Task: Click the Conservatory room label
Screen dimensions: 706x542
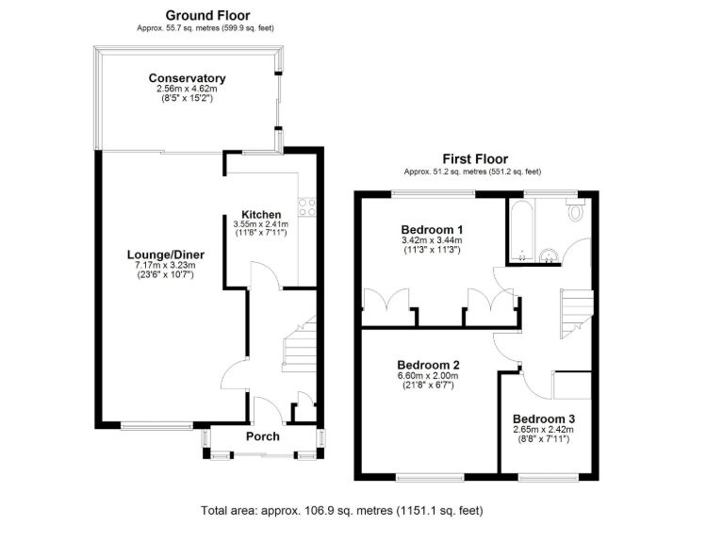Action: pyautogui.click(x=187, y=78)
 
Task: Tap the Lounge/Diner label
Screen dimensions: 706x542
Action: pyautogui.click(x=166, y=255)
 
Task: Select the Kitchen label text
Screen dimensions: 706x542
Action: pyautogui.click(x=261, y=215)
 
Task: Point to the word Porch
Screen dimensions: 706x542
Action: pyautogui.click(x=262, y=436)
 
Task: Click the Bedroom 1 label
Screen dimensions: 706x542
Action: pyautogui.click(x=432, y=230)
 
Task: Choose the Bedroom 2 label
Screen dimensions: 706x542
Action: pyautogui.click(x=428, y=365)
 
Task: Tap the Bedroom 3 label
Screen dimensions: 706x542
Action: pyautogui.click(x=544, y=419)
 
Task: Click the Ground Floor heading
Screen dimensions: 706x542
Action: pyautogui.click(x=207, y=15)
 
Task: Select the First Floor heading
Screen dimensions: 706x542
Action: pyautogui.click(x=475, y=159)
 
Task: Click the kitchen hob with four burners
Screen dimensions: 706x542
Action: pyautogui.click(x=307, y=207)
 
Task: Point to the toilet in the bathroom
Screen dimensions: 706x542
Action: pyautogui.click(x=575, y=210)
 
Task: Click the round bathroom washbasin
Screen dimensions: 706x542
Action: pyautogui.click(x=549, y=255)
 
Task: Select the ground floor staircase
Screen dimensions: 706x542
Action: pyautogui.click(x=300, y=344)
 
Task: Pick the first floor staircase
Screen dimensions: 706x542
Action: pyautogui.click(x=576, y=314)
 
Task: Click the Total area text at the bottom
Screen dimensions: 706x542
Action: pyautogui.click(x=342, y=511)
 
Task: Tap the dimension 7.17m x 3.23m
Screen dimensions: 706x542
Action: pyautogui.click(x=166, y=265)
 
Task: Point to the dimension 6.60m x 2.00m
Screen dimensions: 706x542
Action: pyautogui.click(x=428, y=375)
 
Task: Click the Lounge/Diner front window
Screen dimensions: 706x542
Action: pyautogui.click(x=156, y=425)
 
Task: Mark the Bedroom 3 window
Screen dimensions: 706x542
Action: pyautogui.click(x=549, y=477)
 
